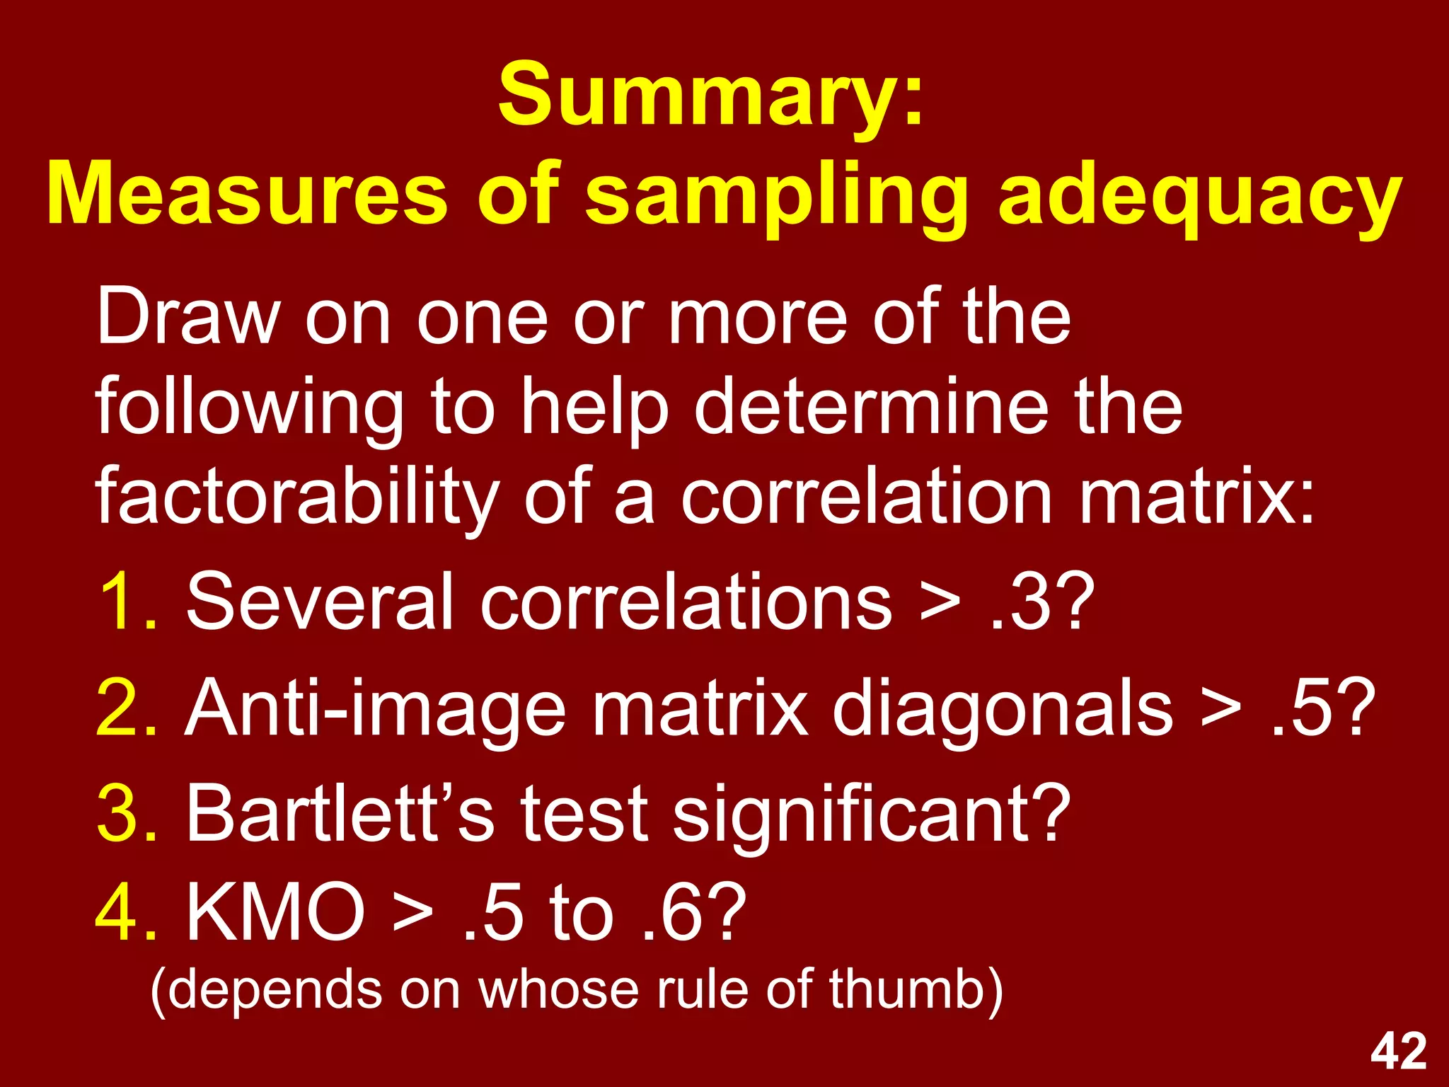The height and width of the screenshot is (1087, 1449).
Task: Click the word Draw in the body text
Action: pos(188,318)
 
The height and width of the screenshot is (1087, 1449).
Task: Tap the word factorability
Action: pos(298,499)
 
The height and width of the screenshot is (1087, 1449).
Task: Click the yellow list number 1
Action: pos(125,602)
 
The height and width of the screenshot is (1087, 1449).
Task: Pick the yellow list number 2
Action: pos(125,708)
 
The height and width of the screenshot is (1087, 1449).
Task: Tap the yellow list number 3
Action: pos(125,814)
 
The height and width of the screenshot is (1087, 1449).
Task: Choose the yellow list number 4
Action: pos(125,913)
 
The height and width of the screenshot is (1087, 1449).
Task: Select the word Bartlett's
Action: pos(340,814)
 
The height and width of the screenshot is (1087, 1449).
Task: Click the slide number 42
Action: pos(1398,1052)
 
